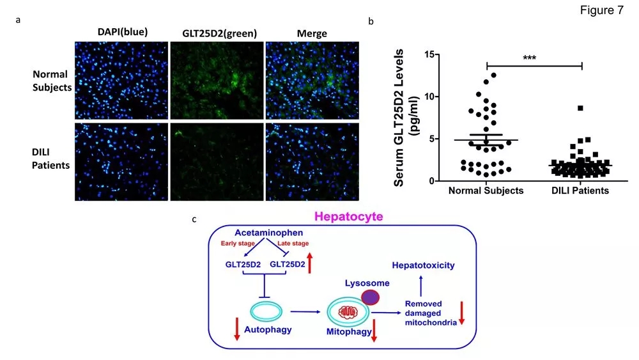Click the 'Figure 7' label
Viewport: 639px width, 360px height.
[x=601, y=10]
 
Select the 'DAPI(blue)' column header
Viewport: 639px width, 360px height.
[x=123, y=32]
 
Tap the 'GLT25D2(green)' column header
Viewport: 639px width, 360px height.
[x=219, y=33]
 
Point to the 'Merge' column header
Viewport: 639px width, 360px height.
[x=312, y=33]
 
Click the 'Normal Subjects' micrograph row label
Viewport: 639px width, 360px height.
[x=52, y=81]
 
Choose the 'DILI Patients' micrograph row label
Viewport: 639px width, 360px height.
[x=51, y=159]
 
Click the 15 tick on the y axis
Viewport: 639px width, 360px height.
[x=429, y=54]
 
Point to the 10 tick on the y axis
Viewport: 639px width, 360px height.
[x=429, y=97]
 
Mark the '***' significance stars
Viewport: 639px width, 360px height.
[x=529, y=58]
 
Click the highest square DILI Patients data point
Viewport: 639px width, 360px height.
[x=580, y=108]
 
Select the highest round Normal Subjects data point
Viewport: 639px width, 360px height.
[x=493, y=75]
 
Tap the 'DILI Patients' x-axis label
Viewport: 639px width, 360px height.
[x=580, y=191]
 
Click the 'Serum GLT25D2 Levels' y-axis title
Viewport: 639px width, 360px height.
[x=399, y=118]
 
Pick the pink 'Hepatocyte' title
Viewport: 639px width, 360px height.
[x=348, y=216]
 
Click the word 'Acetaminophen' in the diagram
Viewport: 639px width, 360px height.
[x=269, y=233]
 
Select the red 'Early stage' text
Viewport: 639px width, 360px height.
[x=238, y=244]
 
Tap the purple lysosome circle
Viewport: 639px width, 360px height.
[x=371, y=297]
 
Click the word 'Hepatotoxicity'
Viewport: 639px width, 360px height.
[x=423, y=265]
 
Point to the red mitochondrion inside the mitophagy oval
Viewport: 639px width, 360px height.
[x=348, y=313]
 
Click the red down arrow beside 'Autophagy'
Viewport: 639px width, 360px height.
[x=237, y=329]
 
